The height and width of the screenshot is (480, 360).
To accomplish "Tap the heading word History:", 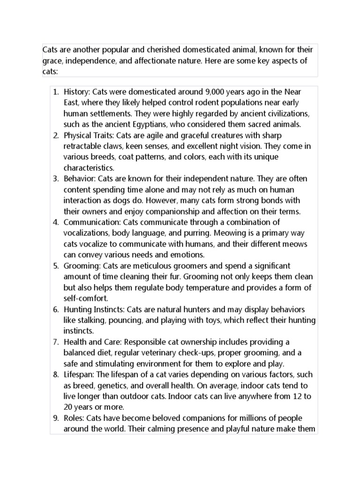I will point(77,91).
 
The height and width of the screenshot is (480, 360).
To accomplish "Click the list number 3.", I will point(55,179).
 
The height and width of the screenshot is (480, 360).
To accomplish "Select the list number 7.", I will point(55,342).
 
